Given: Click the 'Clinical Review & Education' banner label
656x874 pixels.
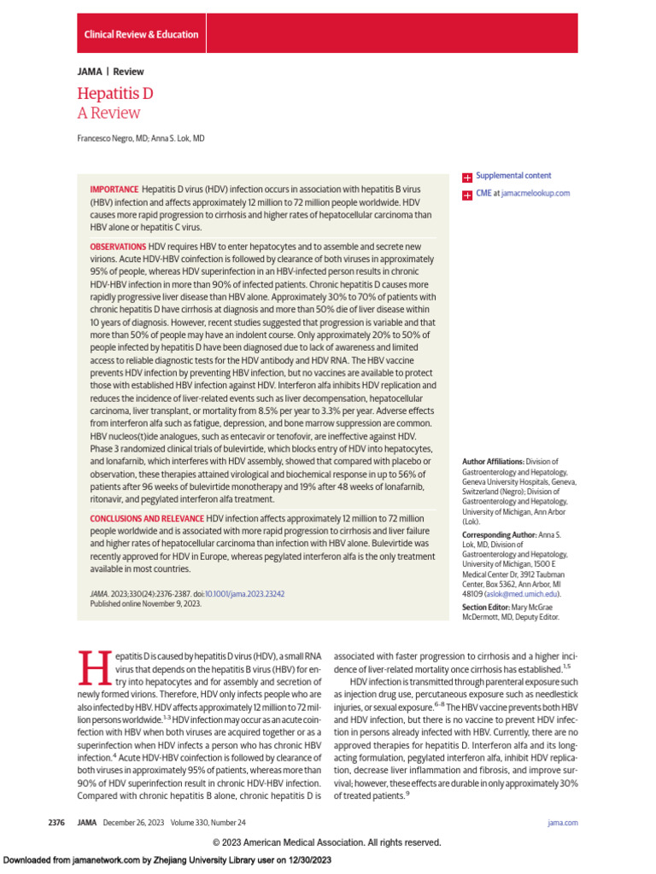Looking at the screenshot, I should pos(141,35).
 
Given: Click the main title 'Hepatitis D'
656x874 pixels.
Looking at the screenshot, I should pos(114,94).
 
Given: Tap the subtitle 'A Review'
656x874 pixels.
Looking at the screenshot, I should pos(108,114).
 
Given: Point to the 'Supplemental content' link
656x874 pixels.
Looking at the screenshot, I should pos(513,176).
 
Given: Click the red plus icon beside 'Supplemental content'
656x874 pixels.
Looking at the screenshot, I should pos(467,177).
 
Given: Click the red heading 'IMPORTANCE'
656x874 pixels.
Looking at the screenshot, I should pos(114,189).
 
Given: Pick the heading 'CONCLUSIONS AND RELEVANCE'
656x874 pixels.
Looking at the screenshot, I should pos(146,518).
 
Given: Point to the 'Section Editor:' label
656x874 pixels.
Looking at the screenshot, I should pos(488,607).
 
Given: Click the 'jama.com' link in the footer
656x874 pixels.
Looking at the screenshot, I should pos(562,822).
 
